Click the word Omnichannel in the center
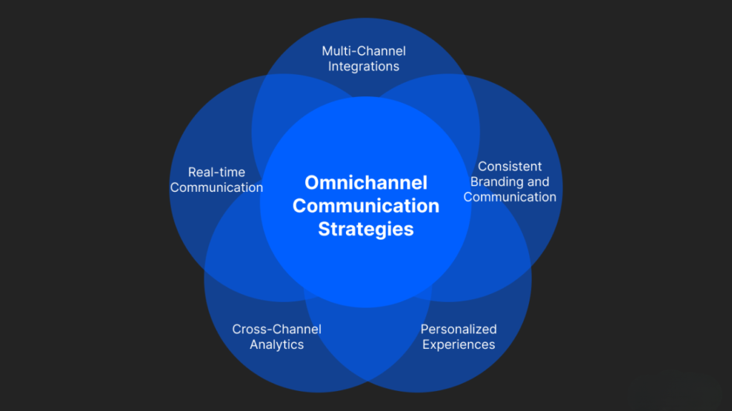pyautogui.click(x=365, y=183)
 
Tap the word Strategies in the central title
pyautogui.click(x=365, y=229)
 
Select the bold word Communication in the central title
pyautogui.click(x=365, y=205)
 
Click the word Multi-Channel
pyautogui.click(x=364, y=51)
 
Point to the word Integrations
pyautogui.click(x=364, y=66)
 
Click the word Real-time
pyautogui.click(x=217, y=172)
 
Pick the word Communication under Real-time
pyautogui.click(x=217, y=188)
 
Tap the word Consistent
pyautogui.click(x=510, y=166)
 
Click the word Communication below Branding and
pyautogui.click(x=510, y=197)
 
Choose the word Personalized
pyautogui.click(x=458, y=329)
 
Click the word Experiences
pyautogui.click(x=458, y=345)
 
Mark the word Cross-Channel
pyautogui.click(x=277, y=329)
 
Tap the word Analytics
pyautogui.click(x=277, y=345)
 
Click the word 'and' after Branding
pyautogui.click(x=538, y=181)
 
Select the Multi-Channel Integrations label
pyautogui.click(x=364, y=59)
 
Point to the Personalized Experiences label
pyautogui.click(x=458, y=337)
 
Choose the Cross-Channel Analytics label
pyautogui.click(x=277, y=337)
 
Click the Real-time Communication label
pyautogui.click(x=217, y=180)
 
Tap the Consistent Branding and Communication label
pyautogui.click(x=510, y=181)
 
